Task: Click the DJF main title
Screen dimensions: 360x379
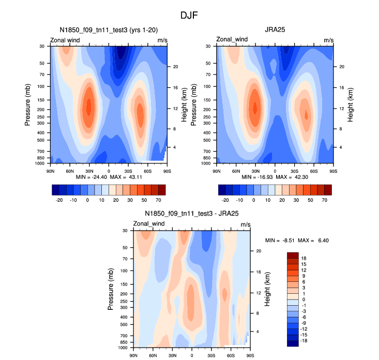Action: (189, 16)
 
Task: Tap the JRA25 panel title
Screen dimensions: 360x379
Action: (274, 30)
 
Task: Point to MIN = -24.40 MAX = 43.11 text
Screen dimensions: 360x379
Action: (109, 177)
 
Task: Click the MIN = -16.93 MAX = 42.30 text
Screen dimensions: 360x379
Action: (275, 177)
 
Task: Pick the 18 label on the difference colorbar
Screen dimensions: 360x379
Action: (304, 258)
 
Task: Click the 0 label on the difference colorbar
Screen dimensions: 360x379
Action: (304, 299)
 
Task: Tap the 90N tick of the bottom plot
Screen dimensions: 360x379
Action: (133, 355)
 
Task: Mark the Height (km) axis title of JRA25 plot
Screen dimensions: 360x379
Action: (350, 104)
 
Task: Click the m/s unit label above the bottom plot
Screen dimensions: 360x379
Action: (246, 224)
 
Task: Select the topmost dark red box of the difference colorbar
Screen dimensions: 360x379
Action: (293, 255)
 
